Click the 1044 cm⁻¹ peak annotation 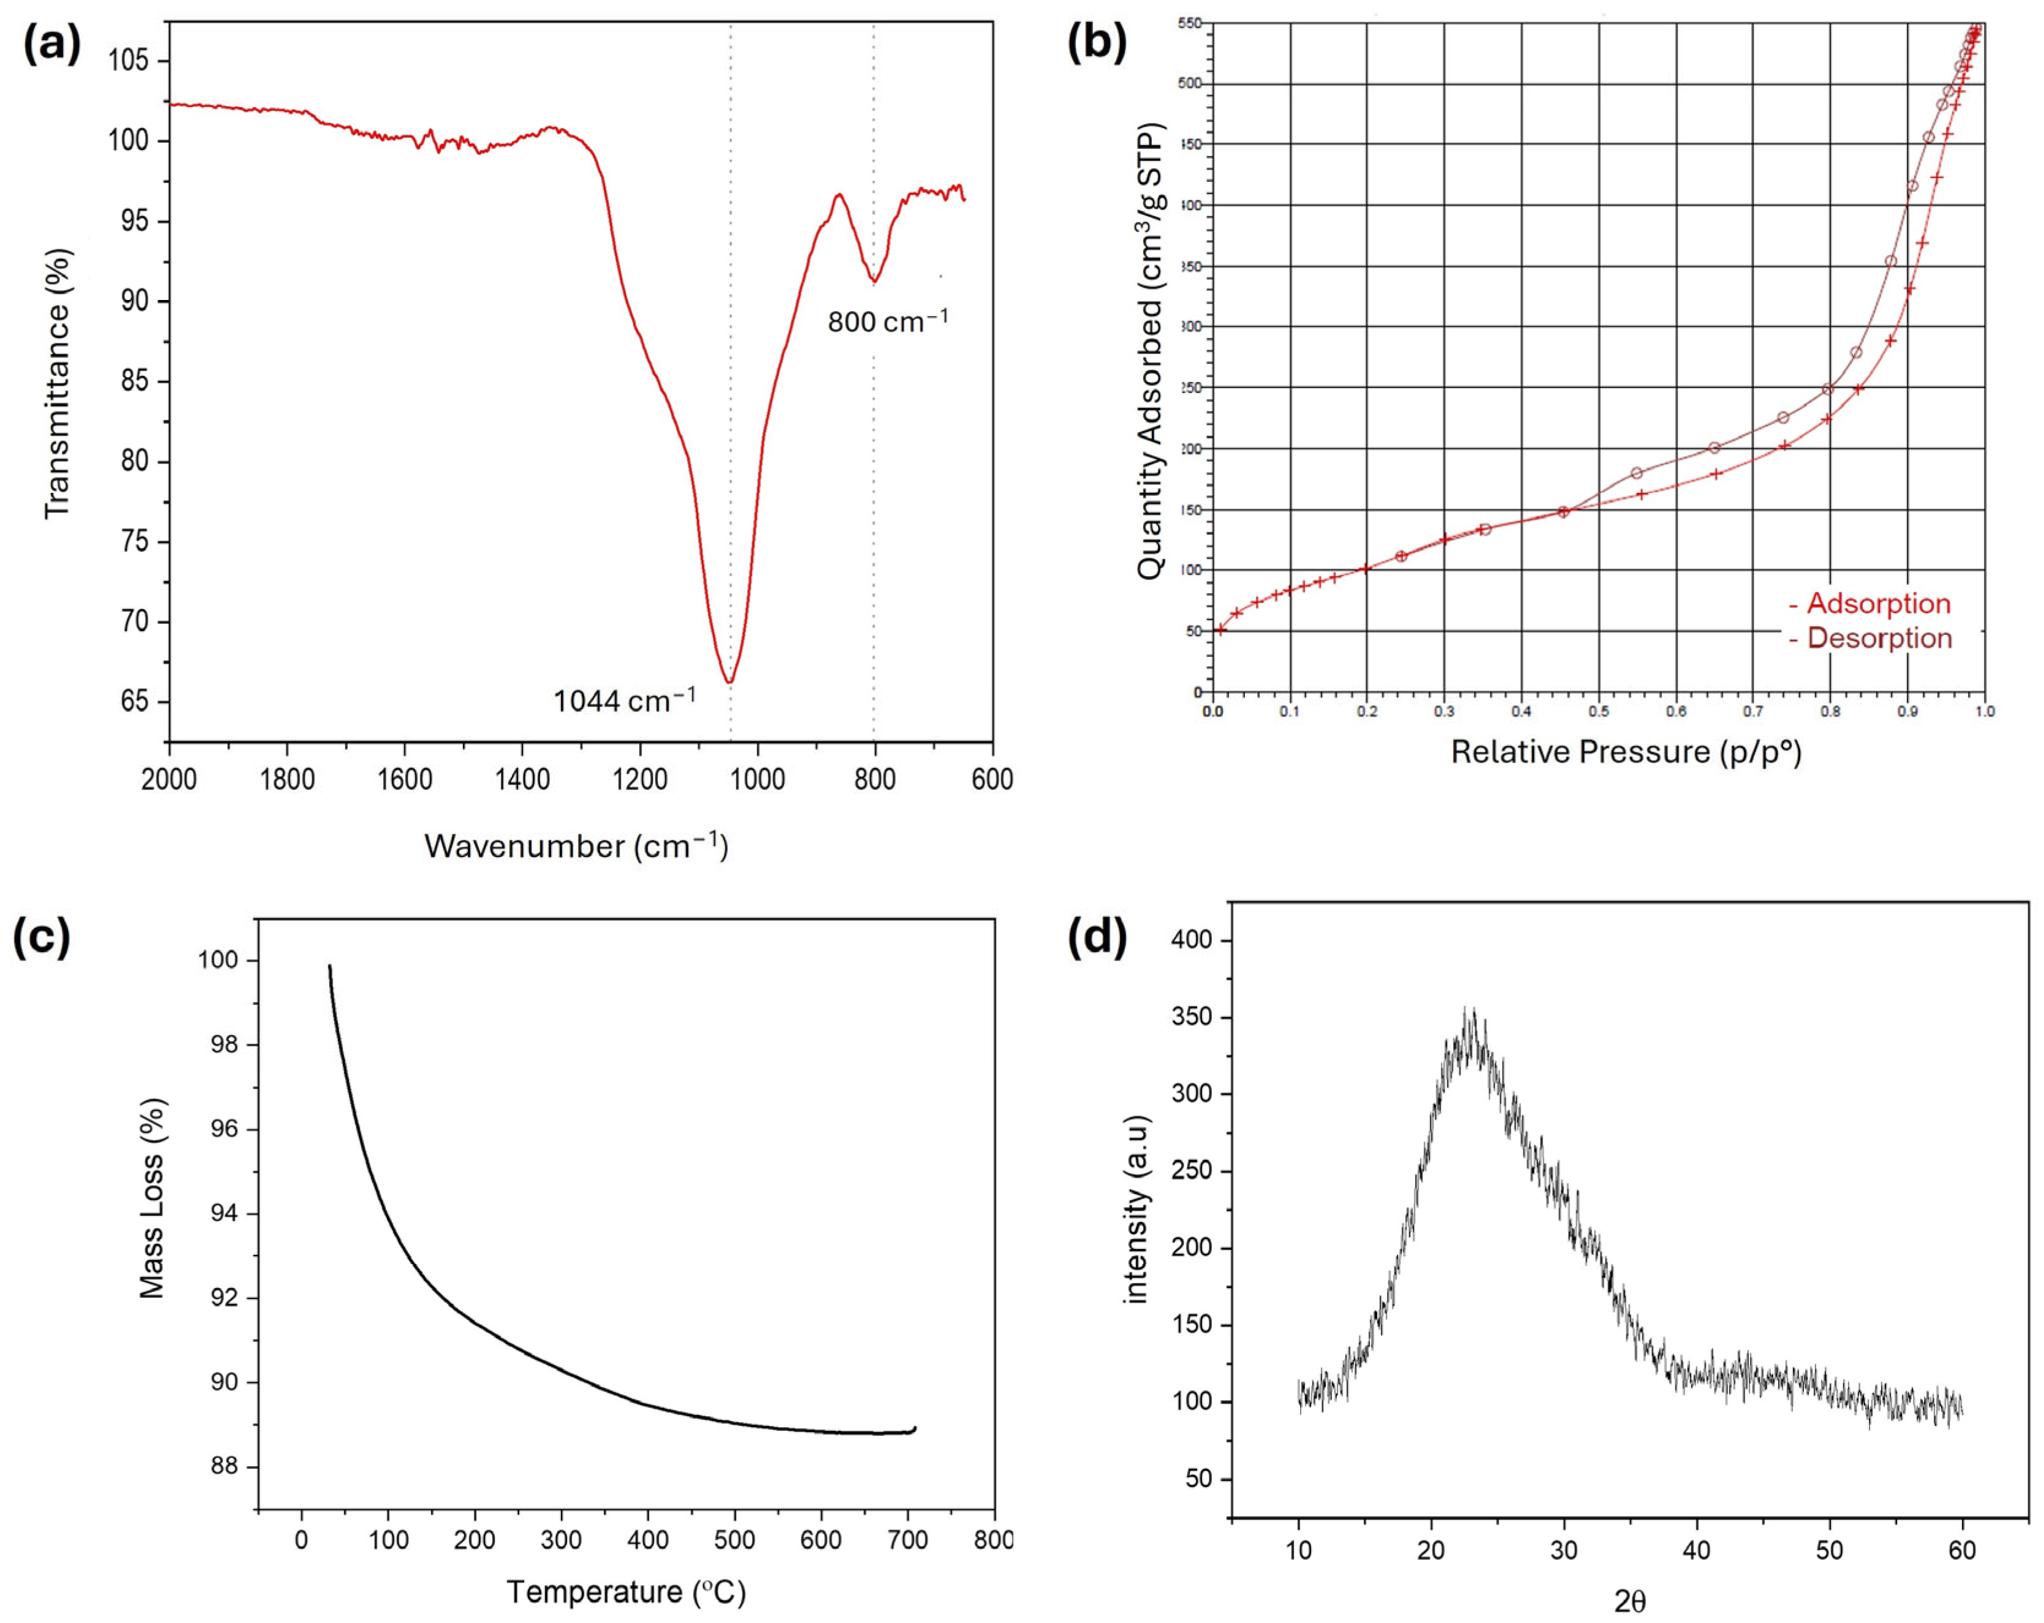tap(624, 700)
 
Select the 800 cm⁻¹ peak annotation tap(887, 321)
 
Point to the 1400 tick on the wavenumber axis tap(522, 779)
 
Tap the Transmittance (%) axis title tap(58, 383)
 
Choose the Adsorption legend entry tap(1869, 603)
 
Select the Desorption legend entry tap(1869, 638)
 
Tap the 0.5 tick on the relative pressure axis tap(1598, 711)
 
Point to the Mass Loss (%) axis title tap(152, 1198)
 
